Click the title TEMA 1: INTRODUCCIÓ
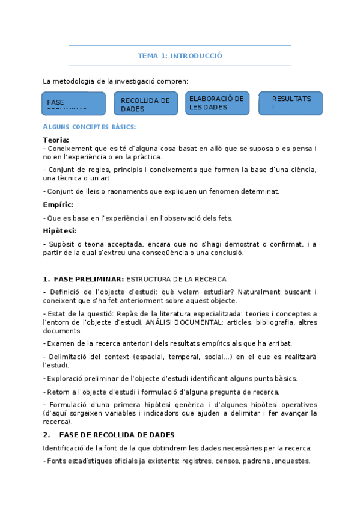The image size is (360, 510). (x=180, y=55)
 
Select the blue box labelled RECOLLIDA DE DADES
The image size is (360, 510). (x=145, y=104)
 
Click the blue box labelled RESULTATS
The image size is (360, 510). (x=291, y=103)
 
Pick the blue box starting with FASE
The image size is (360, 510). (x=73, y=103)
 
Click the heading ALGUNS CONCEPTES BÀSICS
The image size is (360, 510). (x=90, y=127)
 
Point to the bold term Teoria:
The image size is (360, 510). (x=56, y=140)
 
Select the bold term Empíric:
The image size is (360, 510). (x=58, y=204)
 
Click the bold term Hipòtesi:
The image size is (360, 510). (x=59, y=230)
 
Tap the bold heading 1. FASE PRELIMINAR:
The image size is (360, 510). (x=84, y=279)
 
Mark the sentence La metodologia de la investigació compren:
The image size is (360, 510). (x=115, y=81)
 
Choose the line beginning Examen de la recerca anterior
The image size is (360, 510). (x=168, y=343)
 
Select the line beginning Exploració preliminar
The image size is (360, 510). (x=170, y=378)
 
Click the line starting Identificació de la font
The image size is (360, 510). (x=177, y=448)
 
